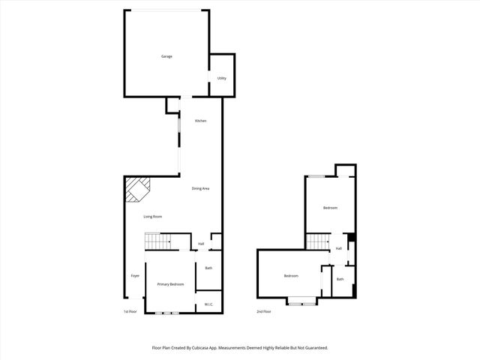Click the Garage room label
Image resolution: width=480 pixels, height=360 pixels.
coord(166,56)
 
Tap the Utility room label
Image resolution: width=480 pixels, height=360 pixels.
coord(222,78)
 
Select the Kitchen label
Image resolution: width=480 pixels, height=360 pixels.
coord(200,121)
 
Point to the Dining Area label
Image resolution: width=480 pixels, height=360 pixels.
coord(200,188)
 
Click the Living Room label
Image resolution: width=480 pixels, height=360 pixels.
coord(153,217)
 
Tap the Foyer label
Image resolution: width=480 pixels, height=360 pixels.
coord(135,276)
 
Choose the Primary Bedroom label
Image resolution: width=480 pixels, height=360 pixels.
coord(170,284)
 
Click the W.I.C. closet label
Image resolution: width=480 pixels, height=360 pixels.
coord(208,304)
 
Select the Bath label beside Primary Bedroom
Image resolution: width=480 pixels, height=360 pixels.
coord(208,268)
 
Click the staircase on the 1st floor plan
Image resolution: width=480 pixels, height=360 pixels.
coord(157,241)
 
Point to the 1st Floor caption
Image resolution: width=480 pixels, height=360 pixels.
coord(130,311)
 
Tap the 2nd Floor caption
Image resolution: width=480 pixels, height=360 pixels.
coord(263,311)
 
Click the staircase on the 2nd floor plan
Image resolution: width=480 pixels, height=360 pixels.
coord(318,241)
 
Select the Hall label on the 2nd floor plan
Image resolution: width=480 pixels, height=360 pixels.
coord(339,248)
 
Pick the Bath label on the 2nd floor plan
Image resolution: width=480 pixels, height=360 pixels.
coord(340,279)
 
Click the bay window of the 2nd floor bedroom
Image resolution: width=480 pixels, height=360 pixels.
coord(302,301)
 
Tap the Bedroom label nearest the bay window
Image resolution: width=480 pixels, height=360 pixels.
coord(291,276)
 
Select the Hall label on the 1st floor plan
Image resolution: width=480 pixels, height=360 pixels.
coord(201,244)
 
